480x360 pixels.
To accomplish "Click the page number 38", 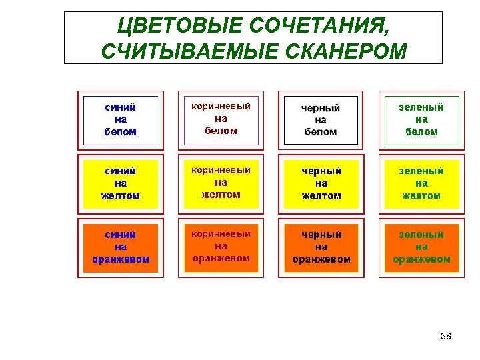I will tap(446, 336).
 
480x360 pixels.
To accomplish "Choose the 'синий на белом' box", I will tap(121, 120).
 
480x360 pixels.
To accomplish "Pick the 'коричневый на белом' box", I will tap(221, 120).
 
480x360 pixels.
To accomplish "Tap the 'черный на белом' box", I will tap(321, 120).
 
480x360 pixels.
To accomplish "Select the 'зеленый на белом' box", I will tap(421, 120).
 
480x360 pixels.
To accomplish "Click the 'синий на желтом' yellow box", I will tap(121, 183).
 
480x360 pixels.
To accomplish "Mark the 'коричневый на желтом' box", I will tap(221, 183).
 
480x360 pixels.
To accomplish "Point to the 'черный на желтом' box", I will tap(321, 183).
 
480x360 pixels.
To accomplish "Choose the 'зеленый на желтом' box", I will tap(421, 183).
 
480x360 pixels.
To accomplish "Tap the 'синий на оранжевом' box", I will tap(121, 247).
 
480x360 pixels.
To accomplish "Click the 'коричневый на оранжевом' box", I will tap(221, 247).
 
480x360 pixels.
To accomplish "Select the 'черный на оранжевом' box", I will tap(321, 247).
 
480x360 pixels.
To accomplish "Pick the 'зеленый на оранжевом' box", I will tap(421, 247).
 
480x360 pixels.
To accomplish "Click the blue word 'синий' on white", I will tap(121, 107).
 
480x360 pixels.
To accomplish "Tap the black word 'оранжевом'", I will tap(321, 259).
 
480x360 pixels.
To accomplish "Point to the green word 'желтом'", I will tap(421, 195).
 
